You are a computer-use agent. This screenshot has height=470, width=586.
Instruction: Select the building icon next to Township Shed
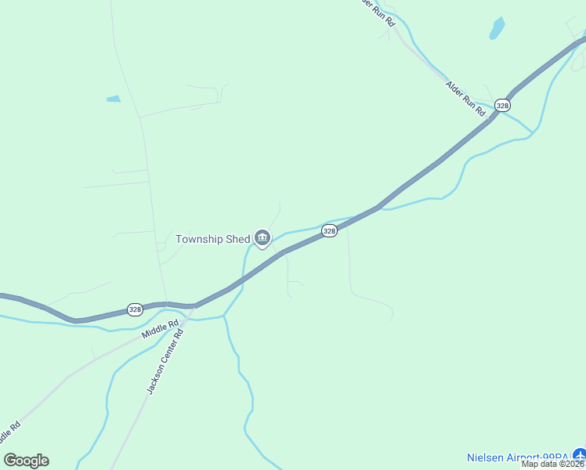(262, 238)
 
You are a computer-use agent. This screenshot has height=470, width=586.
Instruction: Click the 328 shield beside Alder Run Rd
(502, 105)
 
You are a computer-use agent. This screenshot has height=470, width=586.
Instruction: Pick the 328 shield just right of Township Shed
(329, 230)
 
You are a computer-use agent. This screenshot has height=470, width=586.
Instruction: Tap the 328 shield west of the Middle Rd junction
(135, 309)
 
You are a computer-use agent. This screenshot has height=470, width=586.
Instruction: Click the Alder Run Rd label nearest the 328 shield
(466, 99)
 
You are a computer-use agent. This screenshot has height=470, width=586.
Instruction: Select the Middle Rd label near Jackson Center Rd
(160, 328)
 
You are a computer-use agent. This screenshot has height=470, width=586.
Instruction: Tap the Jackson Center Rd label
(165, 361)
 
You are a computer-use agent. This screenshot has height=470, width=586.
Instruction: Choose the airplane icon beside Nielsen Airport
(578, 454)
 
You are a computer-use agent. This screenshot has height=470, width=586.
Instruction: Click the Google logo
(26, 461)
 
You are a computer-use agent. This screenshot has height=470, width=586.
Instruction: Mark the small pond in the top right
(497, 29)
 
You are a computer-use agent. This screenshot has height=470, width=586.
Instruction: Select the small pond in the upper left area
(114, 99)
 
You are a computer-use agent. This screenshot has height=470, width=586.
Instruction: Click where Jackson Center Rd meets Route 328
(194, 305)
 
